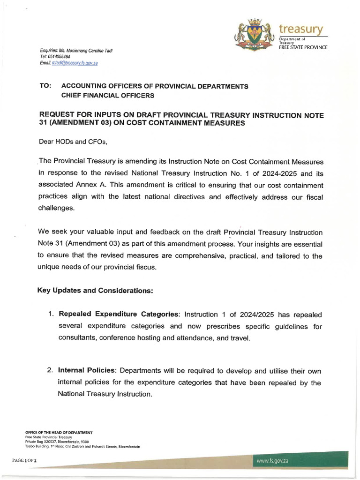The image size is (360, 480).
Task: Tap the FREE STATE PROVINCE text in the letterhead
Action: point(303,48)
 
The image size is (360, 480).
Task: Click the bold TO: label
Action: point(45,87)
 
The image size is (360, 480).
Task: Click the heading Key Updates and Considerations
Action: point(95,291)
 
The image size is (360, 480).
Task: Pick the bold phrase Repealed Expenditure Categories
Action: point(119,314)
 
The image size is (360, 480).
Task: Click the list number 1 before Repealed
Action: point(51,314)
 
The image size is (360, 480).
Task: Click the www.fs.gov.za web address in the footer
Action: point(272,461)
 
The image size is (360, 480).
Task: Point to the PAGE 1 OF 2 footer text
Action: point(24,461)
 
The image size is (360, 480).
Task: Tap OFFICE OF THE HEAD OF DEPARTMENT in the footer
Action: point(59,432)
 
